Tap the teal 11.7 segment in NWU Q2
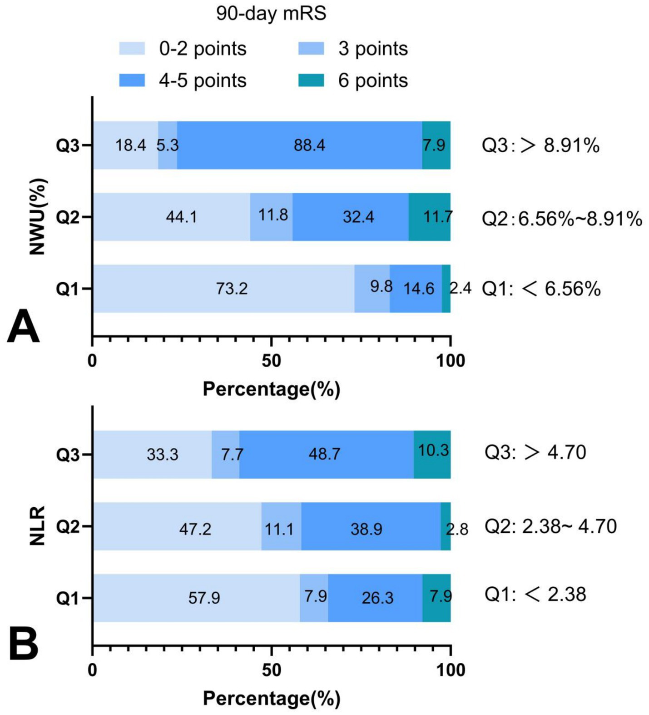pyautogui.click(x=430, y=217)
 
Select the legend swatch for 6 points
pyautogui.click(x=311, y=80)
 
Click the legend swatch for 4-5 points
pyautogui.click(x=132, y=80)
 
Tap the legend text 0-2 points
pyautogui.click(x=203, y=49)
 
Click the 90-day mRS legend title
pyautogui.click(x=271, y=14)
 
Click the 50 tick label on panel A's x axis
pyautogui.click(x=271, y=361)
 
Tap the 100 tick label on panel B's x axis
pyautogui.click(x=451, y=670)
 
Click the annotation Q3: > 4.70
pyautogui.click(x=535, y=452)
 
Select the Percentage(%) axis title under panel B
pyautogui.click(x=271, y=698)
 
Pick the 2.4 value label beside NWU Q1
pyautogui.click(x=461, y=288)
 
